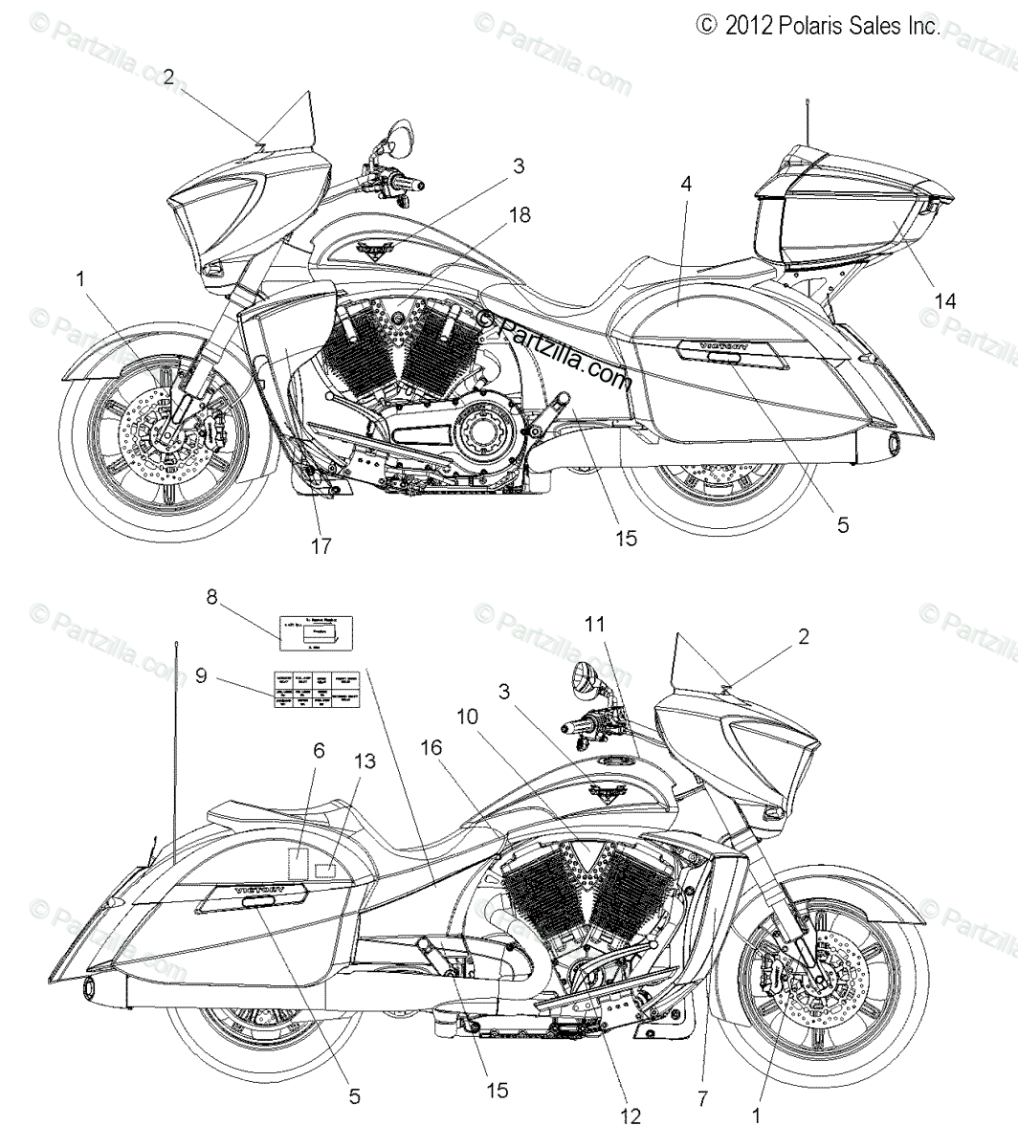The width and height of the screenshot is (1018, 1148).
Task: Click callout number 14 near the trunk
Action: pos(945,301)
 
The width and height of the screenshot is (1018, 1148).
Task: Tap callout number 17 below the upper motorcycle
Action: pos(321,546)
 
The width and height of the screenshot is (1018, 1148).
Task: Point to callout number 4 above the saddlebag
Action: pos(686,183)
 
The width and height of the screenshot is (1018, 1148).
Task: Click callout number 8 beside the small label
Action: pos(212,597)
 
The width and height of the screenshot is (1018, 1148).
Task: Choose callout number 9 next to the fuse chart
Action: pos(201,675)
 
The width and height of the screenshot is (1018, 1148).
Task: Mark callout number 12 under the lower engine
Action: pos(631,1115)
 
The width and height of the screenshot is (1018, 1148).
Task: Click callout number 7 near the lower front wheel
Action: pos(703,1100)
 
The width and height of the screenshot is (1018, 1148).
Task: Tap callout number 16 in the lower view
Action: pos(432,748)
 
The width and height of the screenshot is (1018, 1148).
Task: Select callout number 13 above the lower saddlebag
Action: pos(365,762)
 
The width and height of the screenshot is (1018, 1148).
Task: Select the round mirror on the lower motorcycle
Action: pos(585,679)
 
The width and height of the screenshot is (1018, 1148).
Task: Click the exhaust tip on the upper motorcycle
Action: pos(894,444)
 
